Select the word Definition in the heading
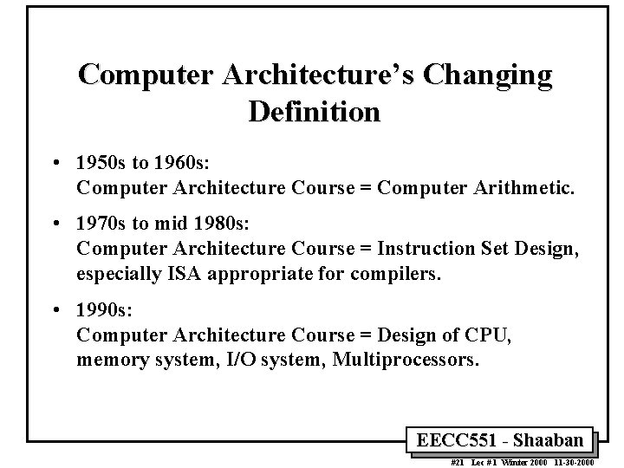pyautogui.click(x=313, y=112)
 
